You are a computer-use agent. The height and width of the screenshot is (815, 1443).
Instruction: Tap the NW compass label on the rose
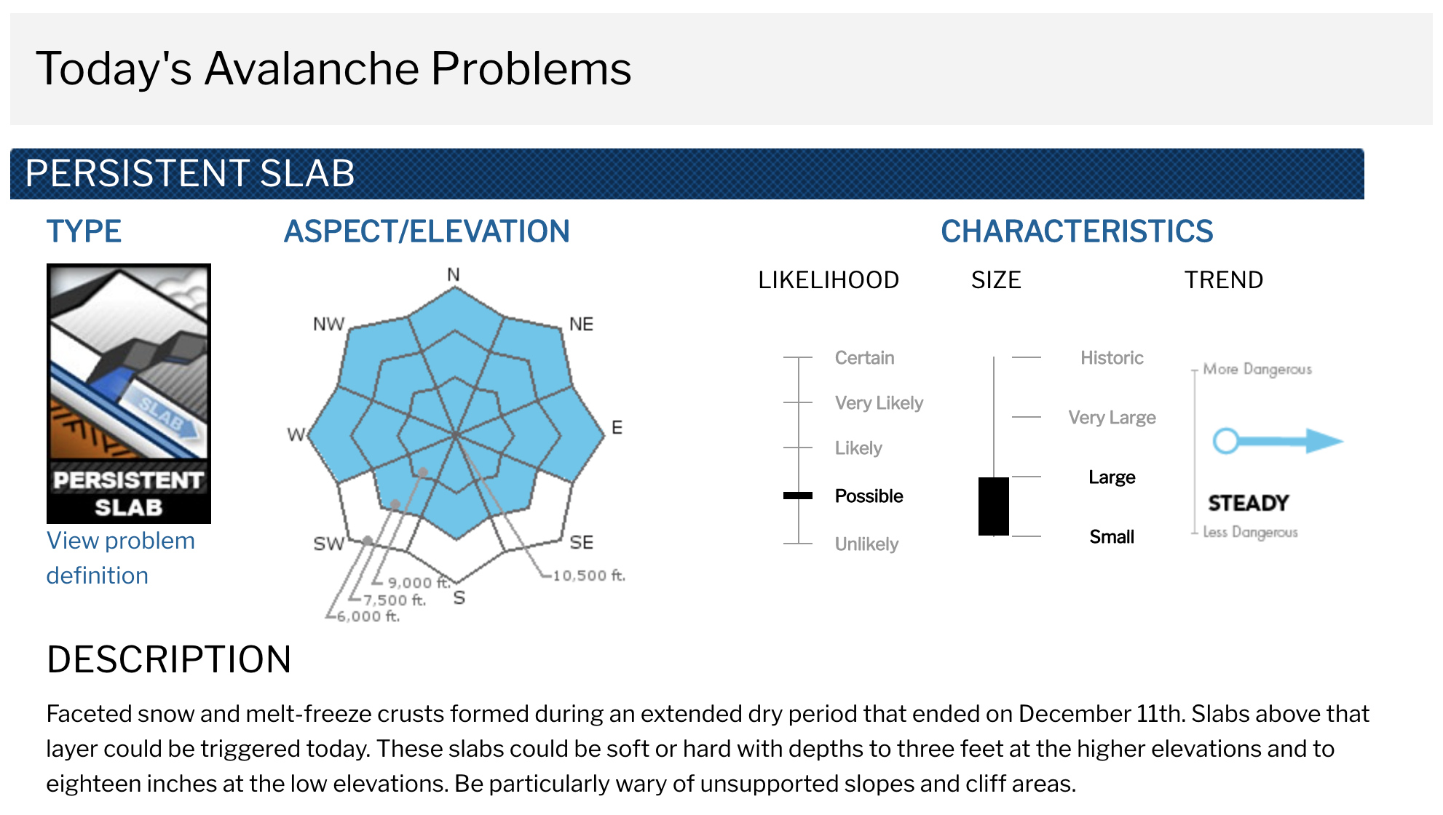[x=328, y=325]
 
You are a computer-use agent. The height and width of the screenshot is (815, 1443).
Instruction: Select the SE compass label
[x=582, y=542]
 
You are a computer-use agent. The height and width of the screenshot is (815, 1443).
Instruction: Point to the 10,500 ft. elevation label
[x=589, y=576]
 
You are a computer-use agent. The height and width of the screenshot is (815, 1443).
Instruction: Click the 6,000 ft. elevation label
[x=368, y=616]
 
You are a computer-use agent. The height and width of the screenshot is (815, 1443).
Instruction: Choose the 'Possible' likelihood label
[x=869, y=496]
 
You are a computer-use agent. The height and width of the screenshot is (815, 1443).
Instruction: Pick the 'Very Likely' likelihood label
[x=879, y=403]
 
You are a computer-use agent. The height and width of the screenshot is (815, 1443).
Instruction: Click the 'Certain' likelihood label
[x=864, y=358]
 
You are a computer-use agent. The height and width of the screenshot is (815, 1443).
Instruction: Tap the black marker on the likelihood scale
[x=798, y=496]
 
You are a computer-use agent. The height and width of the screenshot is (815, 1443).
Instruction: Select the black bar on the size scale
[x=994, y=506]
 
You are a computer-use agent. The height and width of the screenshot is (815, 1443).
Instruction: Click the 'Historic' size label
[x=1112, y=358]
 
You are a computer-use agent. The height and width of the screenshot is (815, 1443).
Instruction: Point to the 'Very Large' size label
[x=1112, y=418]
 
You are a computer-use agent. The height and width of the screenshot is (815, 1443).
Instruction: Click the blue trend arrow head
[x=1324, y=440]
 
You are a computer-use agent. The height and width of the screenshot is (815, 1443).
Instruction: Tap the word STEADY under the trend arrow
[x=1248, y=503]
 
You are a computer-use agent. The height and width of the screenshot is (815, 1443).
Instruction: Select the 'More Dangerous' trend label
[x=1257, y=369]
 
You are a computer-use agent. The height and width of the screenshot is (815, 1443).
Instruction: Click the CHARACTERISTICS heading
[x=1077, y=231]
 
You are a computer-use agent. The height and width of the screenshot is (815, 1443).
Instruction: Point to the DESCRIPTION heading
[x=169, y=659]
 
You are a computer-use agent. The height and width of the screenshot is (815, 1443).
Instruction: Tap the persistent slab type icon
[x=129, y=394]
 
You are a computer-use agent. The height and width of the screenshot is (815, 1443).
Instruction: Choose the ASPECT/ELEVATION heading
[x=427, y=231]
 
